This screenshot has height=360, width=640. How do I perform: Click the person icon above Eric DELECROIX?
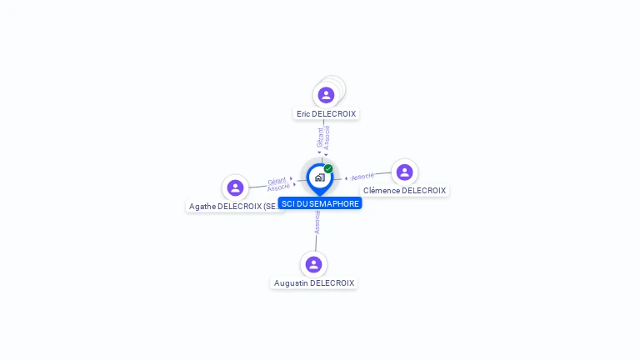pyautogui.click(x=326, y=95)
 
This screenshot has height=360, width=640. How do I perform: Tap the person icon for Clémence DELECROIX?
pyautogui.click(x=404, y=172)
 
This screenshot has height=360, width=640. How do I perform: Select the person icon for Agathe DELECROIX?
pyautogui.click(x=235, y=187)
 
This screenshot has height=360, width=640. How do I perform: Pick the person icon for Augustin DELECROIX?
pyautogui.click(x=313, y=264)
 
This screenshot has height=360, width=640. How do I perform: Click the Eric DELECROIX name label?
pyautogui.click(x=326, y=114)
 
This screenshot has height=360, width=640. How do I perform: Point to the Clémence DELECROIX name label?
pyautogui.click(x=404, y=191)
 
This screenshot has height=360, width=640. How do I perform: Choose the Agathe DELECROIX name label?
pyautogui.click(x=235, y=207)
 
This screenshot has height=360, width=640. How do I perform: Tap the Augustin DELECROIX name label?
pyautogui.click(x=314, y=283)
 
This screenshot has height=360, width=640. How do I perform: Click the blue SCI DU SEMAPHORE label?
pyautogui.click(x=320, y=203)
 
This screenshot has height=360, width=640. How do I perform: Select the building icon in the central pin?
pyautogui.click(x=319, y=177)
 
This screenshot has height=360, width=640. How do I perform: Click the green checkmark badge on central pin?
pyautogui.click(x=328, y=169)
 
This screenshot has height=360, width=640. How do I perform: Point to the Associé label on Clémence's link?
pyautogui.click(x=362, y=177)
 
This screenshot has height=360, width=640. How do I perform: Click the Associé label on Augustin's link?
pyautogui.click(x=317, y=222)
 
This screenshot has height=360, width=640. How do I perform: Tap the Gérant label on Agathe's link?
pyautogui.click(x=277, y=181)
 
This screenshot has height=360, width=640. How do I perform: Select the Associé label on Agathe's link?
pyautogui.click(x=278, y=187)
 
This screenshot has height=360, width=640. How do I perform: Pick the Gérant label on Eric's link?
pyautogui.click(x=320, y=137)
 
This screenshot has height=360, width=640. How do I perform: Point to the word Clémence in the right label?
pyautogui.click(x=382, y=191)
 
